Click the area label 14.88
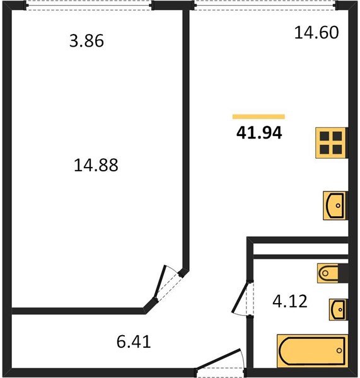tap(96, 166)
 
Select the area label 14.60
tap(316, 31)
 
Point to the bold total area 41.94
tap(258, 133)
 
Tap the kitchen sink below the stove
tap(335, 205)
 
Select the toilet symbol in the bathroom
tap(332, 273)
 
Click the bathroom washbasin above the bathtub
tap(338, 309)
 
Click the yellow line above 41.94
tap(258, 117)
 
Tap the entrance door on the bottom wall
tap(219, 364)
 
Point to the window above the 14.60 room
tap(265, 6)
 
